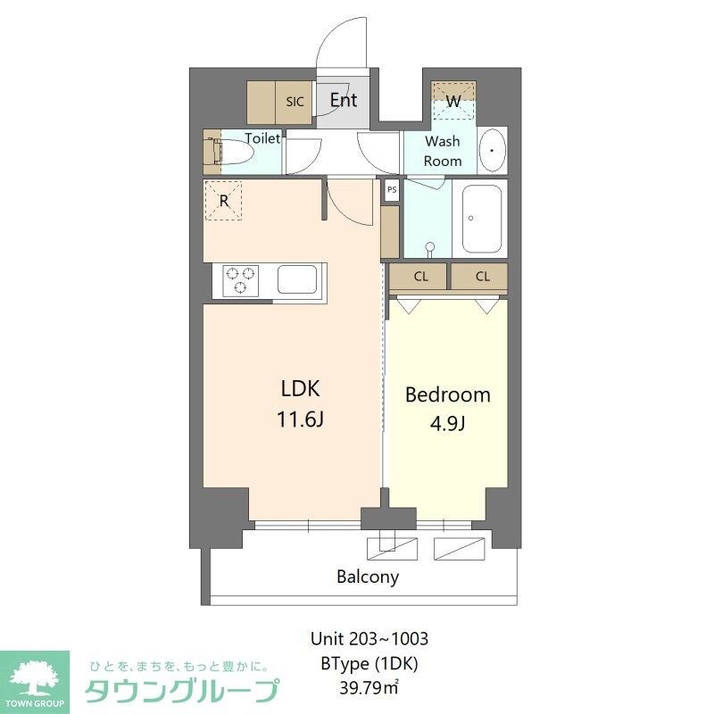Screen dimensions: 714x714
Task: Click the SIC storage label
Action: pyautogui.click(x=295, y=102)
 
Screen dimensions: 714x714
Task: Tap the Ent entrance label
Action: pyautogui.click(x=344, y=100)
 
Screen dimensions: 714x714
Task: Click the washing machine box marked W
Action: pyautogui.click(x=453, y=102)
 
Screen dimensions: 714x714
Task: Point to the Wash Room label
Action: pyautogui.click(x=443, y=151)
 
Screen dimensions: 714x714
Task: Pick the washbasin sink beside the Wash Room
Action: pyautogui.click(x=492, y=153)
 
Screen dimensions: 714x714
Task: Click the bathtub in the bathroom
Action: pyautogui.click(x=482, y=220)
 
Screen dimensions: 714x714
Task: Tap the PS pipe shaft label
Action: pyautogui.click(x=392, y=189)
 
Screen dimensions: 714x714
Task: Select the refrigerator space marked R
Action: pyautogui.click(x=224, y=201)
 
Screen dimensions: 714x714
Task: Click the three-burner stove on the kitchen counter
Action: pyautogui.click(x=239, y=280)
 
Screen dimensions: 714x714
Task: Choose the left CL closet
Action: pyautogui.click(x=420, y=277)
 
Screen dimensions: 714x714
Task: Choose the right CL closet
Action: pyautogui.click(x=482, y=277)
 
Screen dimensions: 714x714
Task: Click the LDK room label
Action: pyautogui.click(x=300, y=388)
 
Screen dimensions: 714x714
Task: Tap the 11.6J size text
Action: pyautogui.click(x=300, y=418)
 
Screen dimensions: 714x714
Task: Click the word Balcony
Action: pyautogui.click(x=368, y=577)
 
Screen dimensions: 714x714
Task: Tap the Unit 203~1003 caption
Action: pyautogui.click(x=369, y=639)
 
